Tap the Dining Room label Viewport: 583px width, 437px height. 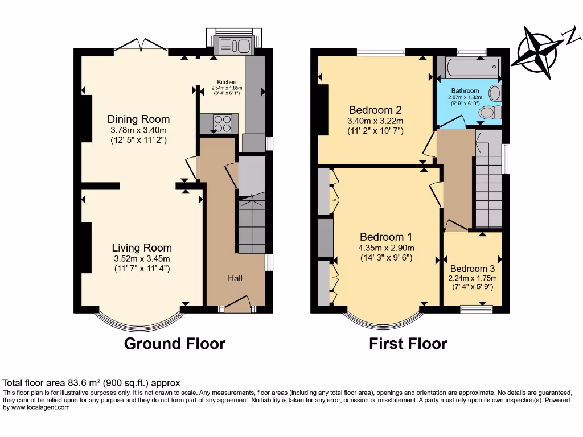pos(139,119)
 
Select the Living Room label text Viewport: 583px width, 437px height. pos(142,248)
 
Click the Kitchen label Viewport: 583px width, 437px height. pos(226,82)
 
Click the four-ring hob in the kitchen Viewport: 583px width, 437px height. pos(223,122)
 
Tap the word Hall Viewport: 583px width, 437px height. pos(235,278)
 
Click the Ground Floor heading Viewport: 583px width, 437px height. pos(174,344)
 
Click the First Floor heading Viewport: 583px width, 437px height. pos(408,344)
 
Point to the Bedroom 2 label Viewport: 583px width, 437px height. pos(376,110)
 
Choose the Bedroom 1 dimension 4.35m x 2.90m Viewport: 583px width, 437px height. pos(387,248)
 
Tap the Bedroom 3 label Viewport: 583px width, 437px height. pos(473,269)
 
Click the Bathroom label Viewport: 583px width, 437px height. pos(465,91)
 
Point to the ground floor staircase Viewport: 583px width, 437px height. pos(251,225)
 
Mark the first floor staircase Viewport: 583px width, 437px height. pos(488,188)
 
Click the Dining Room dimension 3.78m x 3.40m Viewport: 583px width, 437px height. pos(139,130)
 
